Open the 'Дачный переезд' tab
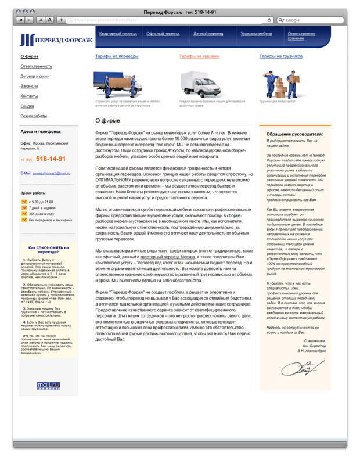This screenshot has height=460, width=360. click(x=208, y=34)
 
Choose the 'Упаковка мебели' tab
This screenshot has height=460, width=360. click(x=256, y=34)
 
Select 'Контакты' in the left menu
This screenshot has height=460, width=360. click(x=29, y=96)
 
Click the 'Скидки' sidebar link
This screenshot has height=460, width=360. click(x=27, y=106)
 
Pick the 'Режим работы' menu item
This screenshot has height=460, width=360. click(x=34, y=116)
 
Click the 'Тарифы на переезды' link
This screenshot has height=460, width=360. click(x=117, y=56)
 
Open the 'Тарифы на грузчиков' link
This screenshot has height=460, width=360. click(x=281, y=56)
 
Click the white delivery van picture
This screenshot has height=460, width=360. click(x=197, y=85)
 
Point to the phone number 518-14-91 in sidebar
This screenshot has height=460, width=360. click(x=51, y=159)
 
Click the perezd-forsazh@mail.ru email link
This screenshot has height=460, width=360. click(x=51, y=173)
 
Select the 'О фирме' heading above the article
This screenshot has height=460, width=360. click(x=105, y=121)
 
